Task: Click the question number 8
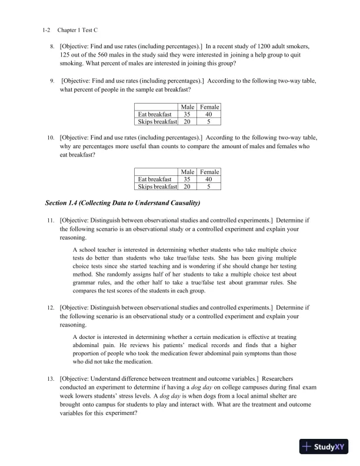51,45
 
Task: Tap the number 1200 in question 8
281,45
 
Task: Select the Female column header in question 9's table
209,106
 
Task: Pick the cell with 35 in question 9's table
186,114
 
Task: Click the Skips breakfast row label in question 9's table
157,121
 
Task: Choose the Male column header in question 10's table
188,172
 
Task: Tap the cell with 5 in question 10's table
209,187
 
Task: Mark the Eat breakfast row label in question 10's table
154,179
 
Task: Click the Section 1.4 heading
123,204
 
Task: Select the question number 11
51,220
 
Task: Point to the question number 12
51,307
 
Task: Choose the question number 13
51,377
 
